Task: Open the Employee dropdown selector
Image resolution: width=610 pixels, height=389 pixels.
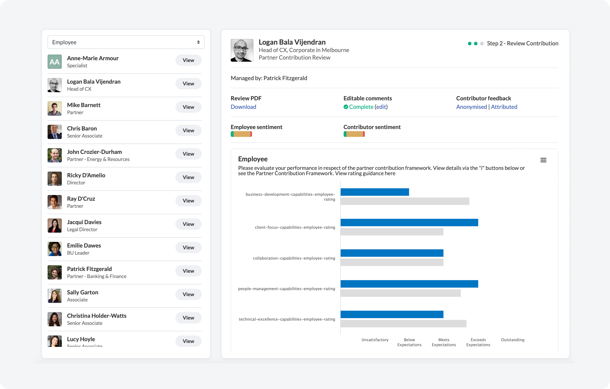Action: pyautogui.click(x=126, y=42)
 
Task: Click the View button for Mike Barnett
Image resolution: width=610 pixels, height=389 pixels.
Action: pyautogui.click(x=188, y=107)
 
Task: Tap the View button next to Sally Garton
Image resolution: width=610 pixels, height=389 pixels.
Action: pyautogui.click(x=188, y=294)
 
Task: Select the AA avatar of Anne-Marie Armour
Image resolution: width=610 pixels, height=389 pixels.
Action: pyautogui.click(x=55, y=62)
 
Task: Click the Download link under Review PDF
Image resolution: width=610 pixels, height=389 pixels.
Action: pyautogui.click(x=243, y=107)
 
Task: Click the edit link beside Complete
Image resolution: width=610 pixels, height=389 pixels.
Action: pyautogui.click(x=381, y=107)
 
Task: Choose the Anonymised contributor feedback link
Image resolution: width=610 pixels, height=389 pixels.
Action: pyautogui.click(x=471, y=107)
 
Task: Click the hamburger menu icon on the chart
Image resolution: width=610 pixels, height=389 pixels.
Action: pyautogui.click(x=543, y=160)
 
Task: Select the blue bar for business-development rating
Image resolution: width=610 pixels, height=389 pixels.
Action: pyautogui.click(x=374, y=192)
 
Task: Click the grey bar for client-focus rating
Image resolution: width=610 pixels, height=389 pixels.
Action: pyautogui.click(x=392, y=232)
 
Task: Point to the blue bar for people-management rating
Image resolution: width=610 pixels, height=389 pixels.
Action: pyautogui.click(x=409, y=284)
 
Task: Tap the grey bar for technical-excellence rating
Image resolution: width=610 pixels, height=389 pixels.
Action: pyautogui.click(x=403, y=324)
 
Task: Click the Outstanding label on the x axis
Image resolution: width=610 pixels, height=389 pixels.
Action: pyautogui.click(x=512, y=340)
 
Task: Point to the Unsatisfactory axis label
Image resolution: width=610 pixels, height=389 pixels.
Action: pyautogui.click(x=375, y=340)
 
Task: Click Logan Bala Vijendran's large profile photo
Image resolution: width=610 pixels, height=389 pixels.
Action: pyautogui.click(x=242, y=50)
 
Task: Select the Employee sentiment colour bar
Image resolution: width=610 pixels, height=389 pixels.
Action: pyautogui.click(x=241, y=134)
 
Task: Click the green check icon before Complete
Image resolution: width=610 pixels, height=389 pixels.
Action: pyautogui.click(x=346, y=107)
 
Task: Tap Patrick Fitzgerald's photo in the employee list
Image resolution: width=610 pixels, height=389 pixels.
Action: pyautogui.click(x=55, y=272)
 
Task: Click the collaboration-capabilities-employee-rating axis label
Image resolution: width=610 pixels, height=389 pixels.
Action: pyautogui.click(x=294, y=258)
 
